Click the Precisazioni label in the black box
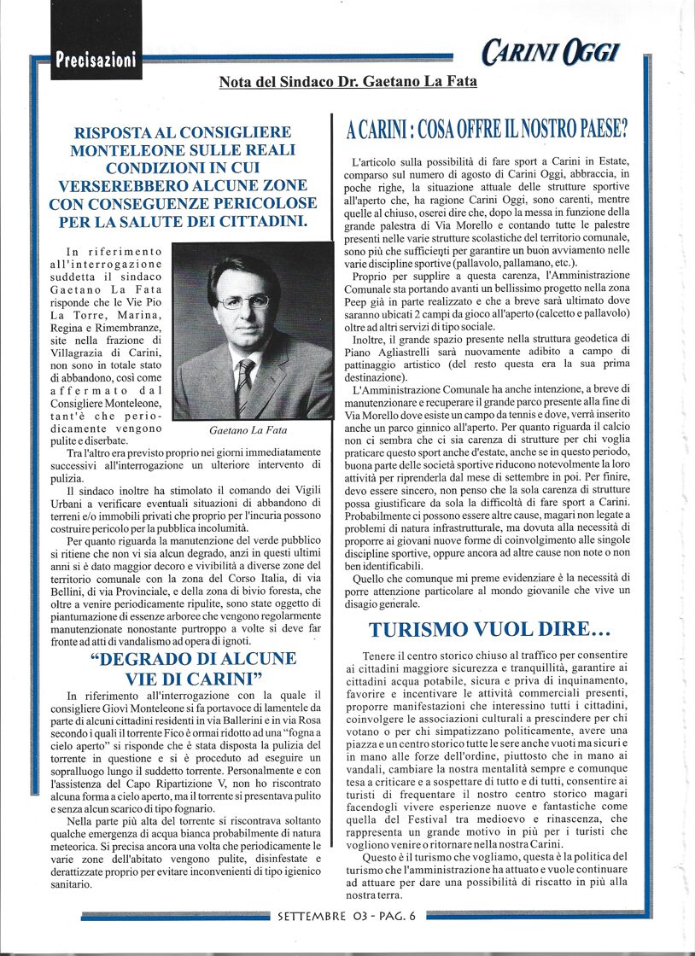95,60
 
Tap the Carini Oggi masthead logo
550,54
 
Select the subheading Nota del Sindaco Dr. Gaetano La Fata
347,83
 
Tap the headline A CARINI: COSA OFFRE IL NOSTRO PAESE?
487,131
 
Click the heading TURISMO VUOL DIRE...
489,630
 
